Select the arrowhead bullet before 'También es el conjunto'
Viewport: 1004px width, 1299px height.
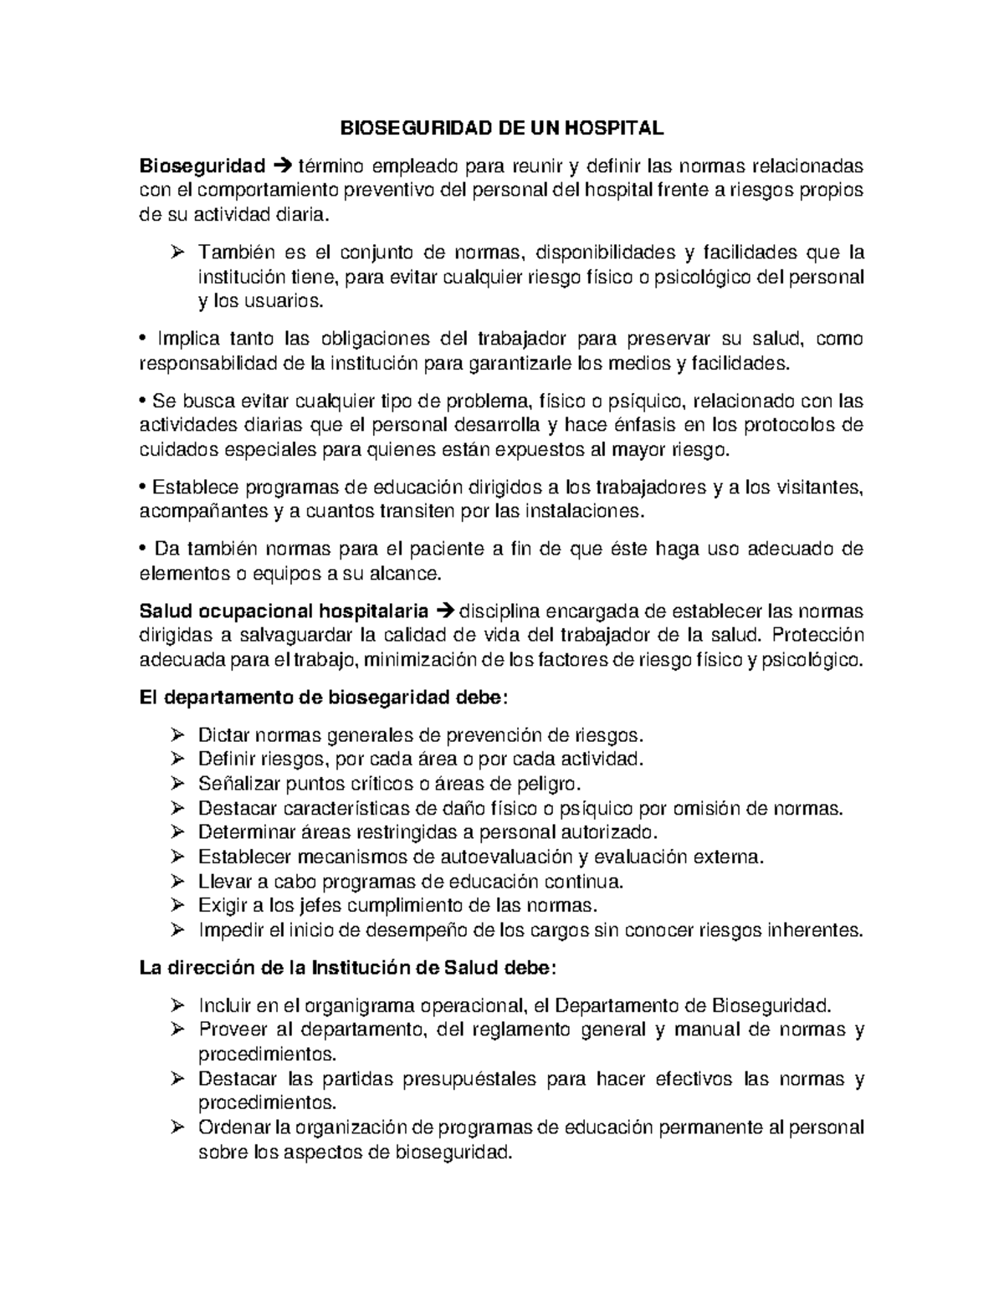coord(177,253)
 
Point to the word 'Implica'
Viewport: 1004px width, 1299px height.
coord(186,339)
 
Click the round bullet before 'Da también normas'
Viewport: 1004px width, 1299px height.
coord(143,550)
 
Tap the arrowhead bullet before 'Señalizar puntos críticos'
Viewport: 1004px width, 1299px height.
coord(177,785)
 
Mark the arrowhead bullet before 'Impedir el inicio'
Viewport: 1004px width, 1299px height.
coord(177,930)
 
